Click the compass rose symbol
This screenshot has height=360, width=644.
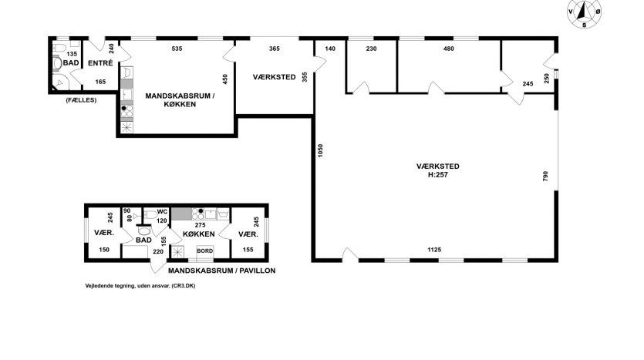tap(585, 14)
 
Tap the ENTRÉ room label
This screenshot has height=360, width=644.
tap(100, 63)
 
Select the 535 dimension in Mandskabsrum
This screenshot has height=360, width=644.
tap(177, 49)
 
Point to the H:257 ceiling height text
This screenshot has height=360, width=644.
tap(438, 175)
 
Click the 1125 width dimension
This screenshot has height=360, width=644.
tap(434, 250)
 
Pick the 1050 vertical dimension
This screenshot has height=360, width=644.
tap(320, 150)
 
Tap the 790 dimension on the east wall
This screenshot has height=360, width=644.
tap(545, 177)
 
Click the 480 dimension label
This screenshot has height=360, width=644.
tap(449, 49)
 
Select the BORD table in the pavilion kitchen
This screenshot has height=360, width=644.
tap(205, 251)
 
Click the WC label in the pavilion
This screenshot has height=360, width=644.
tap(162, 212)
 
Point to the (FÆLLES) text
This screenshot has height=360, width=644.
tap(81, 99)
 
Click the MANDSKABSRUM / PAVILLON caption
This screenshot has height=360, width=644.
tap(222, 271)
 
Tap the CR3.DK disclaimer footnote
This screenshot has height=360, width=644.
tap(140, 286)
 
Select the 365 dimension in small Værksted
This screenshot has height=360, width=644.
tap(275, 49)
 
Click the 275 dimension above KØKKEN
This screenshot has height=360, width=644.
tap(200, 225)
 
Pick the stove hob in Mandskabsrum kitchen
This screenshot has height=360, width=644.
tap(127, 111)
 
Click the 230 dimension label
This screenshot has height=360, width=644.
tap(371, 49)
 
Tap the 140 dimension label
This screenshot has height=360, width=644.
tap(330, 49)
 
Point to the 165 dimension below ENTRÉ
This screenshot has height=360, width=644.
tap(100, 82)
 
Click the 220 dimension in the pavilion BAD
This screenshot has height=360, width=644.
tap(158, 251)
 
